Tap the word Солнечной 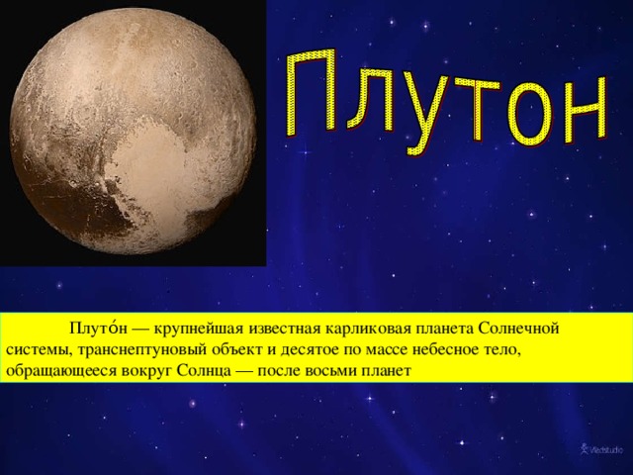point(518,329)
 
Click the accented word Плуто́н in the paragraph point(99,329)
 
